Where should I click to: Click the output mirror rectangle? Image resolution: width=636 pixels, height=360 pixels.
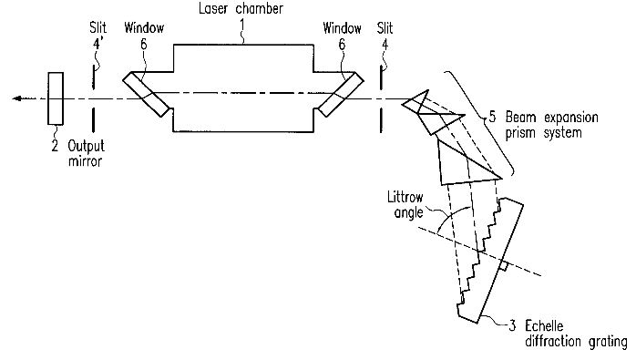pyautogui.click(x=56, y=98)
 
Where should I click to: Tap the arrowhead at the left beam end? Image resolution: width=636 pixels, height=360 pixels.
pyautogui.click(x=16, y=98)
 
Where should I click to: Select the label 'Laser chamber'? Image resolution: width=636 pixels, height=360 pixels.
pyautogui.click(x=241, y=8)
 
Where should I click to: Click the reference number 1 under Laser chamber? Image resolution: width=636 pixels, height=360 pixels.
pyautogui.click(x=242, y=26)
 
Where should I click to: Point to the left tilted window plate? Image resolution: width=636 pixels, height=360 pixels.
pyautogui.click(x=146, y=94)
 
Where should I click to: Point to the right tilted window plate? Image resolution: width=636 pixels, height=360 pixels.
pyautogui.click(x=341, y=94)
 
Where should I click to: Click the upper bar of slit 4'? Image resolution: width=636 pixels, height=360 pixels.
pyautogui.click(x=94, y=77)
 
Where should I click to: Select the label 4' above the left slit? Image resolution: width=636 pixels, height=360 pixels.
pyautogui.click(x=97, y=44)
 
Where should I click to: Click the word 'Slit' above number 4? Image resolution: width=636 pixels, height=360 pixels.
pyautogui.click(x=385, y=28)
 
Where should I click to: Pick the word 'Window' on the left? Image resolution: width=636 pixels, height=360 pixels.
pyautogui.click(x=144, y=28)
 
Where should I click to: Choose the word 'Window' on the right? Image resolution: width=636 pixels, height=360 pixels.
pyautogui.click(x=342, y=28)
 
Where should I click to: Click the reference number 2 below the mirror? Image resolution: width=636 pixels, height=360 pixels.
pyautogui.click(x=56, y=146)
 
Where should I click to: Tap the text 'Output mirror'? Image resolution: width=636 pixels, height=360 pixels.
pyautogui.click(x=86, y=153)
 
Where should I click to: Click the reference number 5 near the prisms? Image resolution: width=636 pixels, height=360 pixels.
pyautogui.click(x=492, y=117)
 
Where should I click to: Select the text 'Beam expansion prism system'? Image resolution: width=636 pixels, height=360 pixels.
pyautogui.click(x=551, y=125)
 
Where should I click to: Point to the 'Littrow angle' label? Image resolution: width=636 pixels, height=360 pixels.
pyautogui.click(x=405, y=205)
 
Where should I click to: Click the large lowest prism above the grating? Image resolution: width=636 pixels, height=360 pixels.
pyautogui.click(x=466, y=164)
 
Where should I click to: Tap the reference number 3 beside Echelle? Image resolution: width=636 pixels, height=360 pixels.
pyautogui.click(x=512, y=325)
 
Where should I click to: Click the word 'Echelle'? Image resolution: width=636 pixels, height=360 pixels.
pyautogui.click(x=544, y=325)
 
